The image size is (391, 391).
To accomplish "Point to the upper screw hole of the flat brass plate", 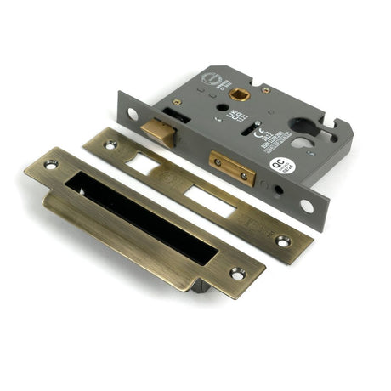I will pyautogui.click(x=108, y=145).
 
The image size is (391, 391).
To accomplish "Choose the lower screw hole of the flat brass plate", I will pyautogui.click(x=282, y=242).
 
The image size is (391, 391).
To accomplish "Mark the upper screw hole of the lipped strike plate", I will pyautogui.click(x=49, y=163).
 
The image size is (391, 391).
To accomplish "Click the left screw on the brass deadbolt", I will pyautogui.click(x=218, y=161).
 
